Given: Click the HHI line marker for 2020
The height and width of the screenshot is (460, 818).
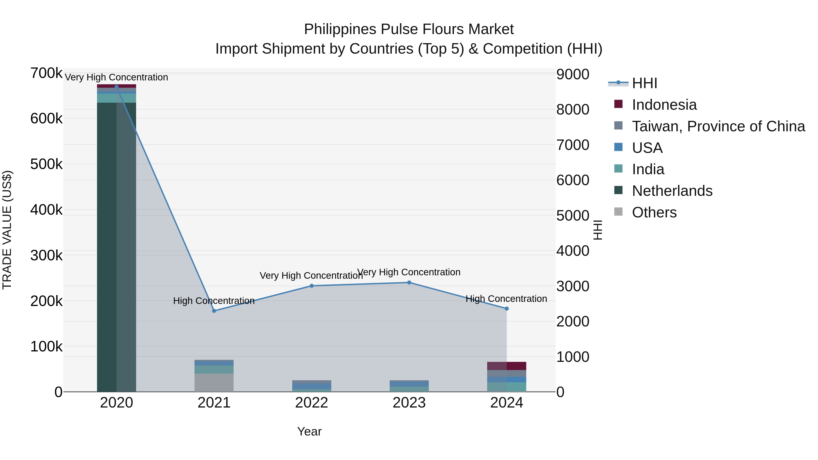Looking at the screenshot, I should pos(117,87).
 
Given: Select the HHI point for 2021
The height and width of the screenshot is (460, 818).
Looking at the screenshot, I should pos(214,311).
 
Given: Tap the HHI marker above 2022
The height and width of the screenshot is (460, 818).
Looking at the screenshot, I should pos(312,286).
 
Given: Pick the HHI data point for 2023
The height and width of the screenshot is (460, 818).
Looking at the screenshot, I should pos(409,283).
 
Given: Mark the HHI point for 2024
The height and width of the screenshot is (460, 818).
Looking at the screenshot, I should pos(506,308).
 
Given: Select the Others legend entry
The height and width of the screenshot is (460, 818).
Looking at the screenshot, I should pos(654,212).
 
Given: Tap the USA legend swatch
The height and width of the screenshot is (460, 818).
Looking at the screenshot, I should pos(618,147).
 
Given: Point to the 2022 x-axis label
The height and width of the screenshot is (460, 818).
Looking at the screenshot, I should pos(312,403).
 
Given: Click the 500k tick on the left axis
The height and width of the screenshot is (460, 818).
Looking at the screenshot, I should pos(46,164).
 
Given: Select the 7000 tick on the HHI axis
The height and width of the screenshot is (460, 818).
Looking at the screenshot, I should pos(573,145).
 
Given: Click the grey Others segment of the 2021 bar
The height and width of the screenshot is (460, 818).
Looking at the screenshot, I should pos(214,383).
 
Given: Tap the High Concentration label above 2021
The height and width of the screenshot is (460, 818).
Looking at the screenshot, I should pos(214,301).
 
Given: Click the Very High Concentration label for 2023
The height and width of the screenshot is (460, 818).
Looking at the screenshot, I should pos(409,272).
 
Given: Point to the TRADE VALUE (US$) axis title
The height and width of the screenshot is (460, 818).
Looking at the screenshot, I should pos(7,230).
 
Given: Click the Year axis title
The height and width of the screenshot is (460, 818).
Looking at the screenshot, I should pos(309,431).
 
